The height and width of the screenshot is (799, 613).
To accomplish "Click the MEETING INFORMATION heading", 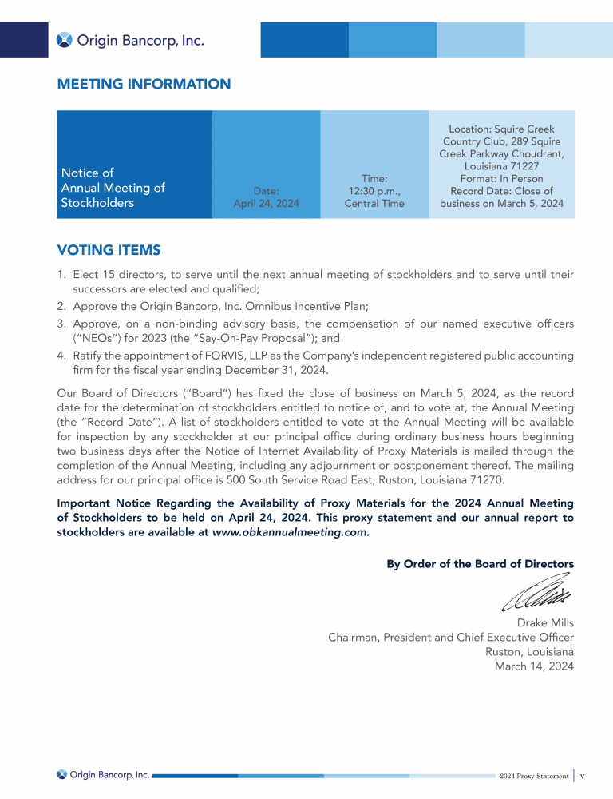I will [x=144, y=84].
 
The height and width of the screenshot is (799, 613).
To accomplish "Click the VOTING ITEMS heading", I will [x=109, y=250].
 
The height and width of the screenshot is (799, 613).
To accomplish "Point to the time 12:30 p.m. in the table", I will [x=374, y=191].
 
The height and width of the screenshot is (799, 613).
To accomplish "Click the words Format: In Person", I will [x=501, y=179].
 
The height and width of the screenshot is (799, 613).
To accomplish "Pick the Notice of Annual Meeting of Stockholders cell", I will [x=113, y=188].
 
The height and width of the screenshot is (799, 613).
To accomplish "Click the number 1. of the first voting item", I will [x=61, y=275].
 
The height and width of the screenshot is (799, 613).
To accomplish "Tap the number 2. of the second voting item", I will [x=61, y=306].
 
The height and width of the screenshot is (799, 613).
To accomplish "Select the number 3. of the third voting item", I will [x=61, y=324].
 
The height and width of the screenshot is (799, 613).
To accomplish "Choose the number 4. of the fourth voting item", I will [x=61, y=355].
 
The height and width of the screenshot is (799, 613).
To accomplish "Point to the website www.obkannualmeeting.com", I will [x=291, y=532].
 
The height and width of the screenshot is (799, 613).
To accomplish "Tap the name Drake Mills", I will [x=545, y=622].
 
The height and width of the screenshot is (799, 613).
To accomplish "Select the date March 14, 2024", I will [x=534, y=666].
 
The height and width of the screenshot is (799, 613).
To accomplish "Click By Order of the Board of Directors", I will [x=480, y=563].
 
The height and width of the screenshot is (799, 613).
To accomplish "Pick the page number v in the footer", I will [x=583, y=776].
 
